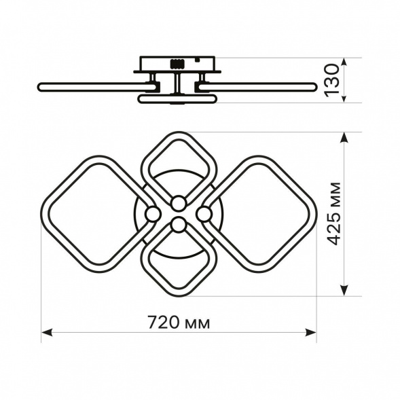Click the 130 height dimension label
332,80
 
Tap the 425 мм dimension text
333,214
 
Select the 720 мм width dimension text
179,323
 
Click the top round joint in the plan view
179,203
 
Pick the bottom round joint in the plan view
179,225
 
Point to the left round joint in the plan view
153,214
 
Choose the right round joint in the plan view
204,214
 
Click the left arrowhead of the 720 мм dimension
47,332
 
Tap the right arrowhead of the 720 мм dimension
311,332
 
